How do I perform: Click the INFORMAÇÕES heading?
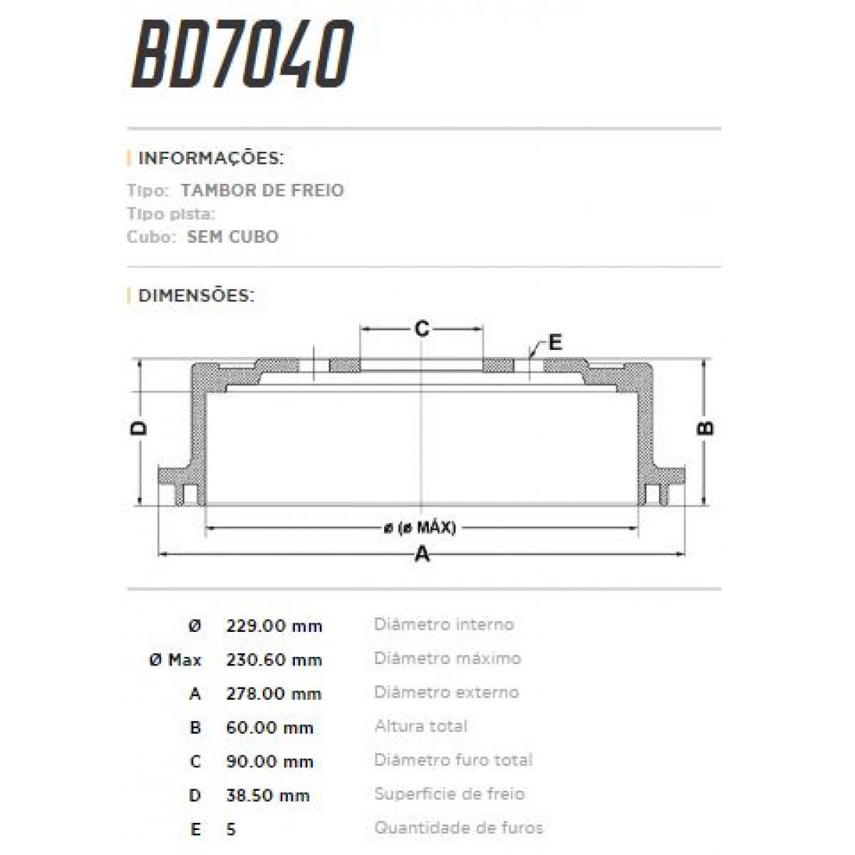click(x=211, y=158)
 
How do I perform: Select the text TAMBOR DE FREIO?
click(x=262, y=190)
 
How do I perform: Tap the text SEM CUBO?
click(x=232, y=237)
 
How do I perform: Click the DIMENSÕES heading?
click(x=196, y=296)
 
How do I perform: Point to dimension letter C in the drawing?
click(x=422, y=328)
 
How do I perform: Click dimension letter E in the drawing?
click(x=555, y=343)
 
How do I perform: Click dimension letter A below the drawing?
click(x=423, y=554)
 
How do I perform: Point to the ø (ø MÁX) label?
click(x=420, y=528)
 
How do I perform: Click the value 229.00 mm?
click(x=274, y=626)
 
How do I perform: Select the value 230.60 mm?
click(x=274, y=660)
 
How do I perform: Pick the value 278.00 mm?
click(x=274, y=693)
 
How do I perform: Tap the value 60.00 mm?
click(x=270, y=727)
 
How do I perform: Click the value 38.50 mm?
click(x=268, y=795)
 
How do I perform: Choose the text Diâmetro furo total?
click(x=453, y=760)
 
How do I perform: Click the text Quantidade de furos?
click(x=458, y=828)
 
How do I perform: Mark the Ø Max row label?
click(x=175, y=660)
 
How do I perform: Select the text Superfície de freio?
click(x=449, y=794)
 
